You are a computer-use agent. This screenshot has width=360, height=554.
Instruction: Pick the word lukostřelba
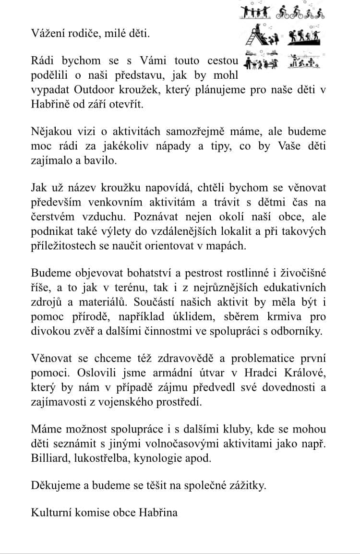pos(106,458)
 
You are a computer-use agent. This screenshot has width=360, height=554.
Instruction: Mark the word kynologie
pos(161,458)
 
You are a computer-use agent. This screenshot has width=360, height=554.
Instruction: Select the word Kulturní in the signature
pos(51,512)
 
